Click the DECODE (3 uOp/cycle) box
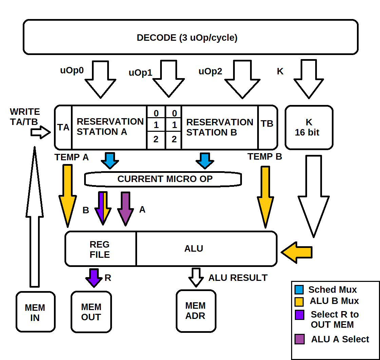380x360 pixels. point(190,37)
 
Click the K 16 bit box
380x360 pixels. point(309,127)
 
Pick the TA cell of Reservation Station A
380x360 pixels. point(63,127)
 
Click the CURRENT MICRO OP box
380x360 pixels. point(163,179)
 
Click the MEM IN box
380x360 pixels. point(35,312)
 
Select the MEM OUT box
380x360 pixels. point(91,312)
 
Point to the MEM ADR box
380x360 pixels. point(196,310)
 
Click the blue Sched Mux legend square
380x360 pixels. point(299,290)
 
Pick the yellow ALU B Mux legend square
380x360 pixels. point(299,301)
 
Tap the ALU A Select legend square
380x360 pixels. point(299,339)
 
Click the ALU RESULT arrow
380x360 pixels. point(196,277)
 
